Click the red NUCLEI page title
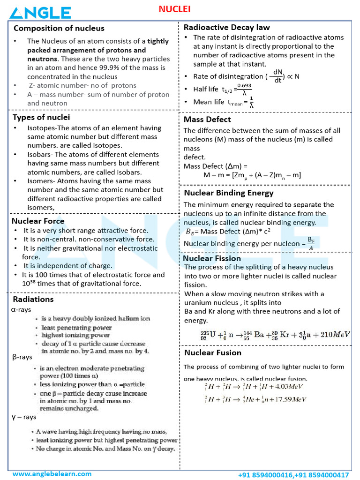(174, 9)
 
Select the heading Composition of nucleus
(59, 29)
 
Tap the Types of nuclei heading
(41, 117)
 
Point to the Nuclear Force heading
(38, 221)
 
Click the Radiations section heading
(33, 299)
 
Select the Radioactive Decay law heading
(226, 27)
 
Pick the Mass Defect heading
(207, 120)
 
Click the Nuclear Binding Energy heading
(229, 193)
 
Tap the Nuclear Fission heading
(212, 258)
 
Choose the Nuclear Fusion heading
(213, 352)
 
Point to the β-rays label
(22, 357)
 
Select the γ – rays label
(23, 417)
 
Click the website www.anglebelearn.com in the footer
(52, 474)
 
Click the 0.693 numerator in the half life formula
(244, 85)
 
